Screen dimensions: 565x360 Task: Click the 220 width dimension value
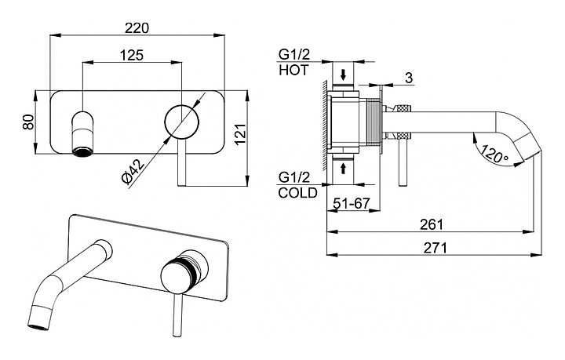tap(137, 27)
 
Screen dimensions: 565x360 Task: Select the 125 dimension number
tap(132, 55)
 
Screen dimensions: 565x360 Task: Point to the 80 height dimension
tap(28, 122)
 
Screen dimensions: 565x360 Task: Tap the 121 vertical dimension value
tap(241, 134)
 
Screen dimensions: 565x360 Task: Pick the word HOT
tap(293, 71)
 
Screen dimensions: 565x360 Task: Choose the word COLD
tap(297, 193)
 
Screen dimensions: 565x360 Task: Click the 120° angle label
tap(494, 154)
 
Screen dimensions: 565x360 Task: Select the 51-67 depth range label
tap(352, 203)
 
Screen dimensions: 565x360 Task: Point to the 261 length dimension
tap(432, 224)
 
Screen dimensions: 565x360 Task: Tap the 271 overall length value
tap(435, 248)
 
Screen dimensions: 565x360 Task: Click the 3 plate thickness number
tap(409, 78)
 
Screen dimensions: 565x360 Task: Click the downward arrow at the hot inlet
tap(344, 75)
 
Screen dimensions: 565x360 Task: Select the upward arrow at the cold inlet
tap(344, 168)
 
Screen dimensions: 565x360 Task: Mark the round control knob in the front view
tap(181, 122)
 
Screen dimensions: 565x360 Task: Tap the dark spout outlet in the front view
tap(82, 151)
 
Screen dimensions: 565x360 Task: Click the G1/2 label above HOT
tap(294, 55)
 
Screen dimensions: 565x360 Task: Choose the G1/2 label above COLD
tap(294, 177)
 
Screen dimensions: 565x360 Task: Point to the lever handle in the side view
tap(403, 162)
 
